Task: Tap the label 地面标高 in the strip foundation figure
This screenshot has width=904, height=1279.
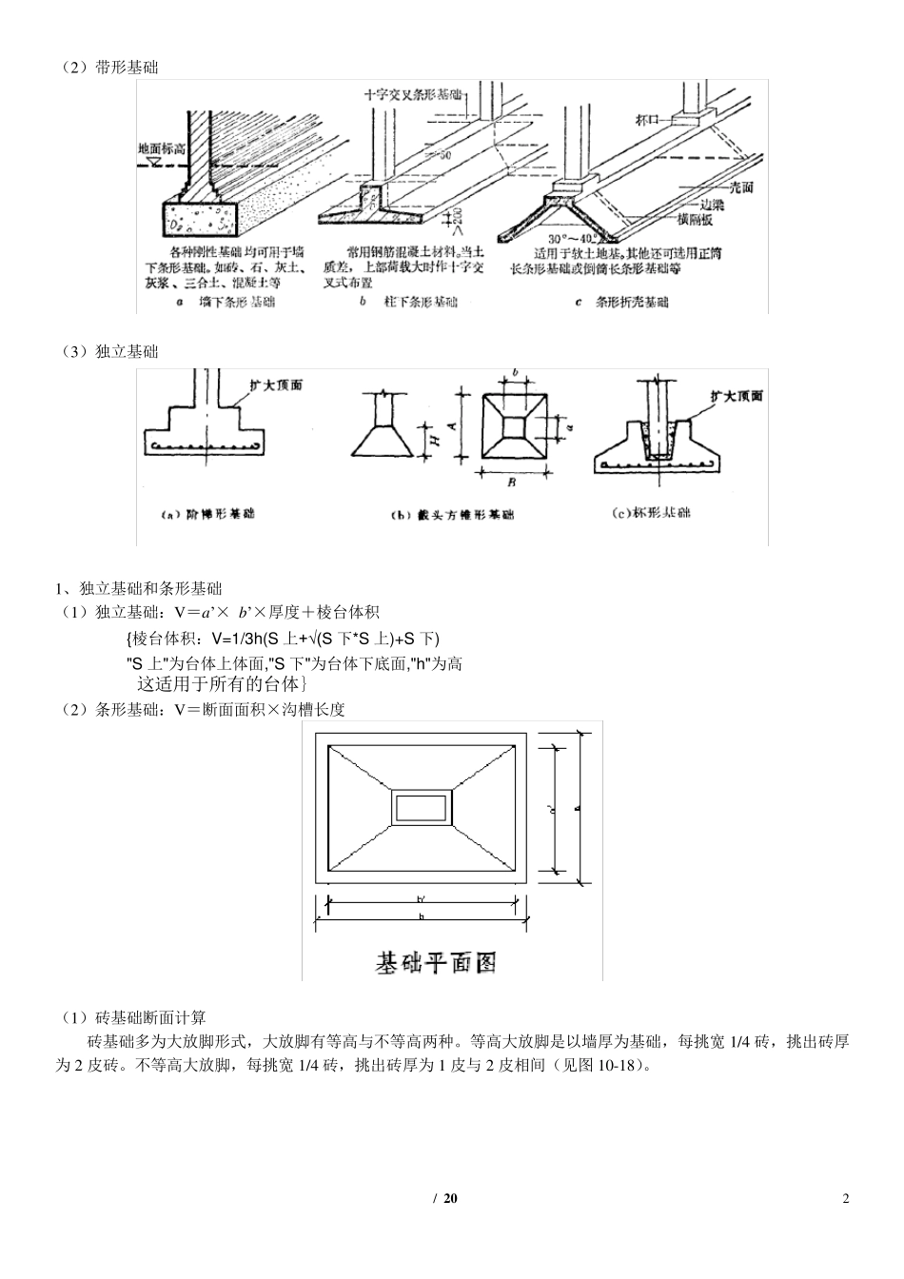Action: click(162, 149)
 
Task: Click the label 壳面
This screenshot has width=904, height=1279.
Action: click(737, 188)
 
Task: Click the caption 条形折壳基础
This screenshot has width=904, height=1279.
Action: click(633, 302)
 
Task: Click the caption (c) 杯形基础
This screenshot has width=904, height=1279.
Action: click(651, 513)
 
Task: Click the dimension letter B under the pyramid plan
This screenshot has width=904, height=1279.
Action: click(511, 482)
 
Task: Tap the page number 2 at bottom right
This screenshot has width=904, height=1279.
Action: click(846, 1197)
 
